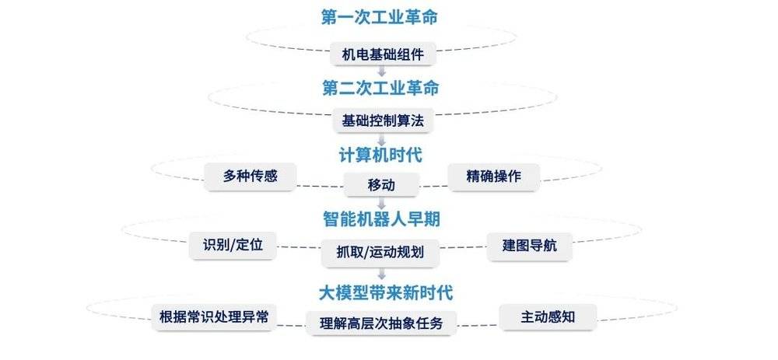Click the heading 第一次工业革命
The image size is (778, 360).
(380, 18)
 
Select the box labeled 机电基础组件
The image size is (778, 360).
(383, 54)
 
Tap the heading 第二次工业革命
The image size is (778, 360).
(380, 89)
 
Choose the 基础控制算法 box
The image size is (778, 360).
(383, 120)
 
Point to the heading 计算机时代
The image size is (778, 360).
(380, 155)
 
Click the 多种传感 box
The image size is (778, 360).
(250, 177)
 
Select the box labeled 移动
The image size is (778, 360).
(381, 185)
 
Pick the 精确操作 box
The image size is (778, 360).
(494, 177)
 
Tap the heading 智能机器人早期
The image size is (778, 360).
(381, 218)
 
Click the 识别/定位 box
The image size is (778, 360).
(233, 245)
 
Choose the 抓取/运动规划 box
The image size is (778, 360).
(380, 252)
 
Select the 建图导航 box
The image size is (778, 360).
(529, 246)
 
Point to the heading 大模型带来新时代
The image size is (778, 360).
(386, 292)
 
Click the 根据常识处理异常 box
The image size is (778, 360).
(214, 317)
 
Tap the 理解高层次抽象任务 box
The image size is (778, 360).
(381, 323)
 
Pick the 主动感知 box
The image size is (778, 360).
(548, 317)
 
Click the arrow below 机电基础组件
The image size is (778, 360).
(382, 71)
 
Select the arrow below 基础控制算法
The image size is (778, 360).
(381, 138)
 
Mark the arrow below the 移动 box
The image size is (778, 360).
(381, 203)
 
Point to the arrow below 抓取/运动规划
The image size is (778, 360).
(381, 272)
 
